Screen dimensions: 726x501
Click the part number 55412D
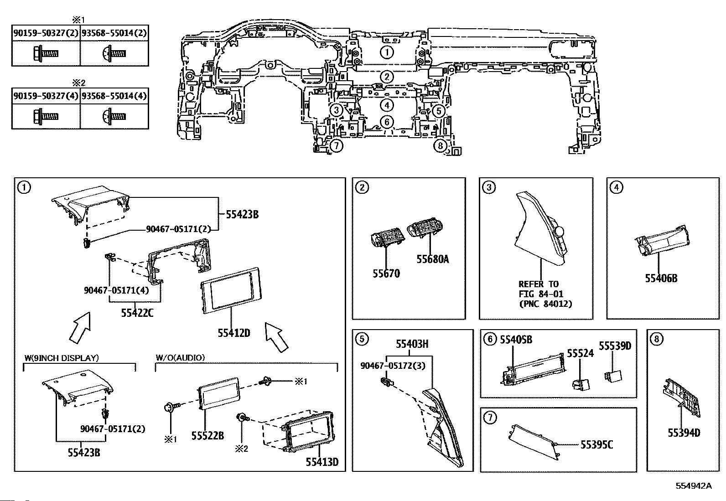(233, 333)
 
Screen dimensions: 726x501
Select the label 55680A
(433, 259)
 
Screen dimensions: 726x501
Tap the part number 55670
(386, 274)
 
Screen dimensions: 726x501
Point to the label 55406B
(661, 278)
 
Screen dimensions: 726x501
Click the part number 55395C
(596, 444)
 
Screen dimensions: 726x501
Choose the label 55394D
(684, 433)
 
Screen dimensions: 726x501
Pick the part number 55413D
(322, 462)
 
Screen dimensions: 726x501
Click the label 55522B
(207, 436)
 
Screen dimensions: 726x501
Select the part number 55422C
(137, 313)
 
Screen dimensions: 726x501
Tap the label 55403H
(412, 344)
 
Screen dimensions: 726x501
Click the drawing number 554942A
(694, 486)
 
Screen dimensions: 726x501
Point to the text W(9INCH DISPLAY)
(62, 358)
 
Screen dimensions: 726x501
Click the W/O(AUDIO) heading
(180, 358)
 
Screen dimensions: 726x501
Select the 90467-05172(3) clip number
(393, 366)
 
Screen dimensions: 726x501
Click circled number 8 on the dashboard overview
(440, 145)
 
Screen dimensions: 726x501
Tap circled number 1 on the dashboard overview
(387, 52)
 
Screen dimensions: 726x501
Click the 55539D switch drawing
(613, 376)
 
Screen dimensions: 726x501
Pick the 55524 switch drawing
(581, 385)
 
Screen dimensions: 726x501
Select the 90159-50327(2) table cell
(46, 33)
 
